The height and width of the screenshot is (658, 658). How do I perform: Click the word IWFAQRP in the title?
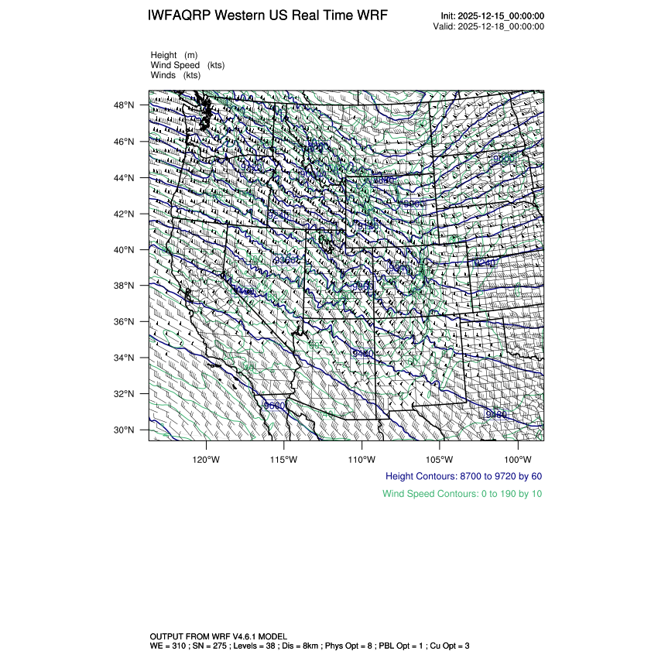coord(180,16)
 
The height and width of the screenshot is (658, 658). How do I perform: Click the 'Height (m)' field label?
coord(174,55)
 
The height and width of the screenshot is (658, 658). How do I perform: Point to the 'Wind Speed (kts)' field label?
coord(187,65)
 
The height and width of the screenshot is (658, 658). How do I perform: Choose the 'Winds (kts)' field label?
coord(176,75)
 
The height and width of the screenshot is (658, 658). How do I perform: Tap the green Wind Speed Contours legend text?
coord(462,493)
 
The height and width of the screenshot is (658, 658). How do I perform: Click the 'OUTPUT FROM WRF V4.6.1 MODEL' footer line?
coord(219,635)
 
